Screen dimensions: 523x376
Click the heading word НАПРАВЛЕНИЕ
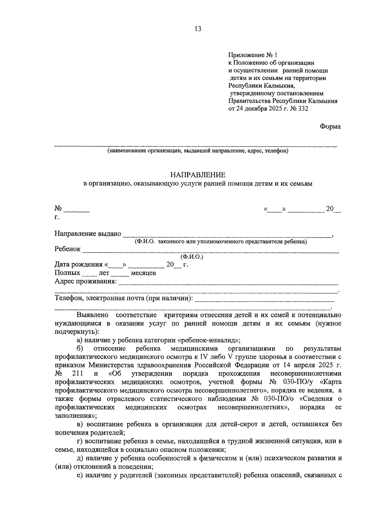click(198, 175)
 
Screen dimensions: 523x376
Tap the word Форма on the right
click(330, 126)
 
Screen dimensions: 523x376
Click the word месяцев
click(143, 273)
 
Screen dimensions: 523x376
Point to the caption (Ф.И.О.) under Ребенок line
click(192, 257)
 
